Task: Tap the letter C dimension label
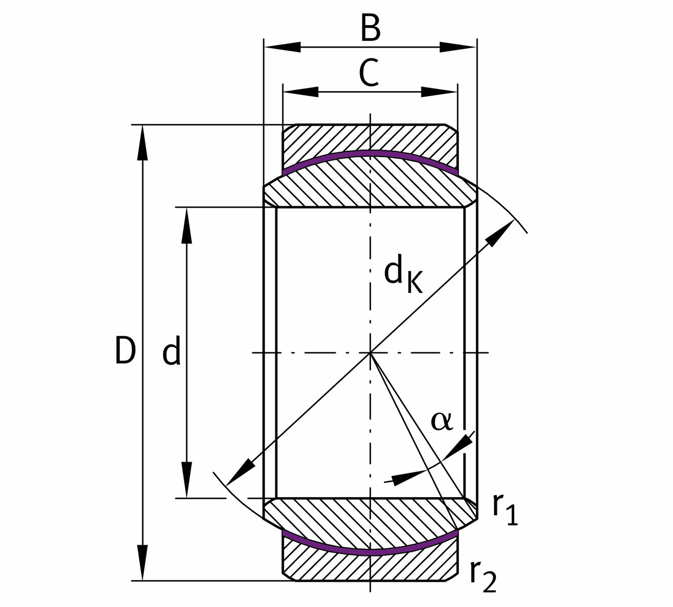click(x=369, y=73)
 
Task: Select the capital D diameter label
click(x=125, y=350)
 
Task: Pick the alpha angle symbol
click(x=442, y=421)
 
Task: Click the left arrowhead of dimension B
click(x=282, y=47)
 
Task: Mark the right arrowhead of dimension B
click(x=457, y=47)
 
